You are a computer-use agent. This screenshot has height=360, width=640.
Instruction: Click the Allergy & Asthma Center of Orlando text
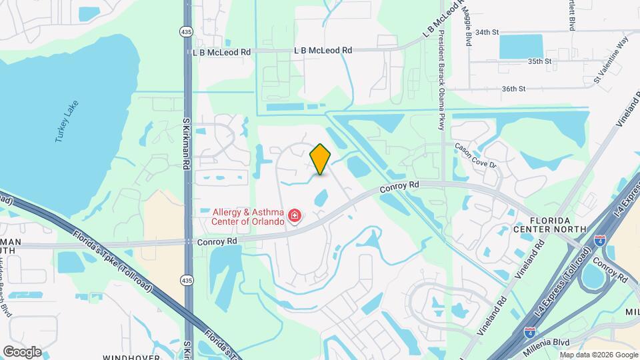click(244, 217)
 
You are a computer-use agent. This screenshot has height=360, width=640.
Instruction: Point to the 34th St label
click(487, 32)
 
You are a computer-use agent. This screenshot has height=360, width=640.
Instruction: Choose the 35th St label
click(540, 61)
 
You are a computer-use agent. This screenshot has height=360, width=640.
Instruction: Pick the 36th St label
click(514, 89)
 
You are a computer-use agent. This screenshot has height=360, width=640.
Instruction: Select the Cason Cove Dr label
click(476, 155)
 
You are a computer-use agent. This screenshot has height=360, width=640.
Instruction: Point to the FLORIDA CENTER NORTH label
click(549, 225)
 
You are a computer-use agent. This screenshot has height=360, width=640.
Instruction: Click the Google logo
click(22, 351)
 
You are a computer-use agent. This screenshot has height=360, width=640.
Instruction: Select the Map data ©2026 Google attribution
click(599, 355)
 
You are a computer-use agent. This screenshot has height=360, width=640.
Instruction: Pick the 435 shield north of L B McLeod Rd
click(187, 31)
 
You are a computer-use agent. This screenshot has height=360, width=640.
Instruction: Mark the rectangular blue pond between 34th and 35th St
click(521, 46)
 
